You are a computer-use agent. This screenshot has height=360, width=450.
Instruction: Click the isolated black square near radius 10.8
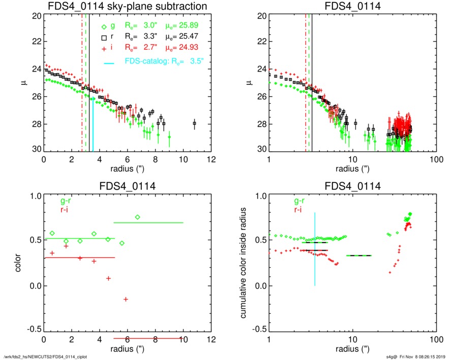(x=195, y=123)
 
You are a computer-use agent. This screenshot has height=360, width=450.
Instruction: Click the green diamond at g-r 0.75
(x=137, y=217)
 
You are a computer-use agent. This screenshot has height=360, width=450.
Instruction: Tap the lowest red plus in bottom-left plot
(x=125, y=299)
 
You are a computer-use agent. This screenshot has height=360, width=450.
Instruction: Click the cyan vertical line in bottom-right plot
(x=315, y=249)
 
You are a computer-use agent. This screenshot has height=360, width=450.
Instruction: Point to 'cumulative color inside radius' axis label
(x=245, y=263)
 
